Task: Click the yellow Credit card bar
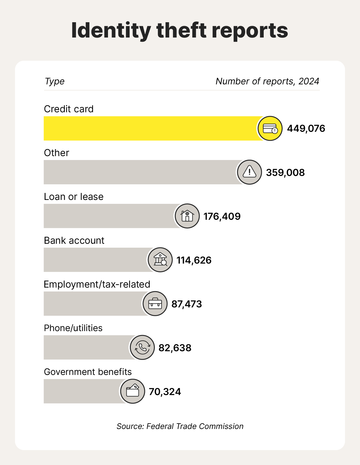(150, 128)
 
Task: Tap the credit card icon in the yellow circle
(270, 128)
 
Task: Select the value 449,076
(306, 128)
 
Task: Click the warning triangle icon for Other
(249, 172)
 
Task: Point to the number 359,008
(285, 173)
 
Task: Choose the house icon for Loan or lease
(187, 216)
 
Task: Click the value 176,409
(222, 216)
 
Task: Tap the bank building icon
(160, 260)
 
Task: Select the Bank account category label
(74, 240)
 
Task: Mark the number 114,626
(194, 260)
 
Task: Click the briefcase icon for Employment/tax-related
(155, 304)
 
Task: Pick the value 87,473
(186, 304)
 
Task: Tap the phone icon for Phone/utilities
(142, 348)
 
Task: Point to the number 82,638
(175, 348)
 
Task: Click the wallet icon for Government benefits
(133, 391)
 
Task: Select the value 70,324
(165, 392)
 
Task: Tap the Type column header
(54, 81)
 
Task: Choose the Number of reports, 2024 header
(267, 81)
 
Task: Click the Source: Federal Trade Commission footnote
(180, 426)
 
